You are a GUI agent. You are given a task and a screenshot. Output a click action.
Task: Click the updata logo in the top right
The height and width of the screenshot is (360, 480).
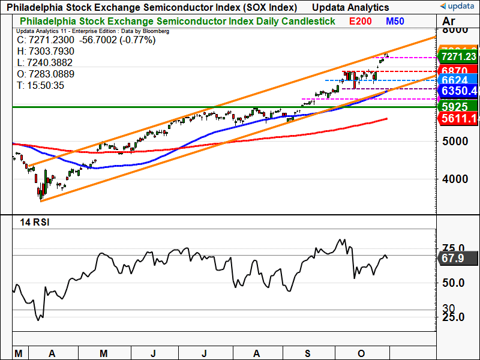tap(458, 7)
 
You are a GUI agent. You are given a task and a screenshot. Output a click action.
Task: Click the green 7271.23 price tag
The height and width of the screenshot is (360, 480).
tap(458, 56)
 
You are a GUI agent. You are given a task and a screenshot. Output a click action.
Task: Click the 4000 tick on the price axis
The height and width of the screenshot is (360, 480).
tap(454, 179)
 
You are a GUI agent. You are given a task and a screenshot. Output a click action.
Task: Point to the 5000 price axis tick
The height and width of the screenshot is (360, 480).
tap(454, 142)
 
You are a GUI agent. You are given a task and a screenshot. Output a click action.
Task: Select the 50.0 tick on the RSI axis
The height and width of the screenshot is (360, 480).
tap(454, 283)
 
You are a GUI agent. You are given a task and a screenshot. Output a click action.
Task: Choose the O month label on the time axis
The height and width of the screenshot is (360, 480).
tap(361, 353)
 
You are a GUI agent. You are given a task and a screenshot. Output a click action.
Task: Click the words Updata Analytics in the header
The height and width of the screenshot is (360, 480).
tap(350, 7)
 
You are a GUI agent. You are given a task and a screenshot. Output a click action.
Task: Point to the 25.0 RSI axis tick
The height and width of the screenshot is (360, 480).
tap(454, 317)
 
